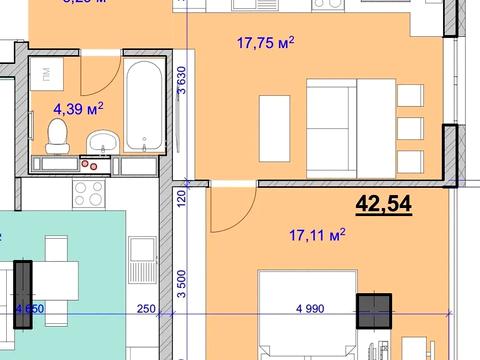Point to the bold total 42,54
[384, 205]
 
